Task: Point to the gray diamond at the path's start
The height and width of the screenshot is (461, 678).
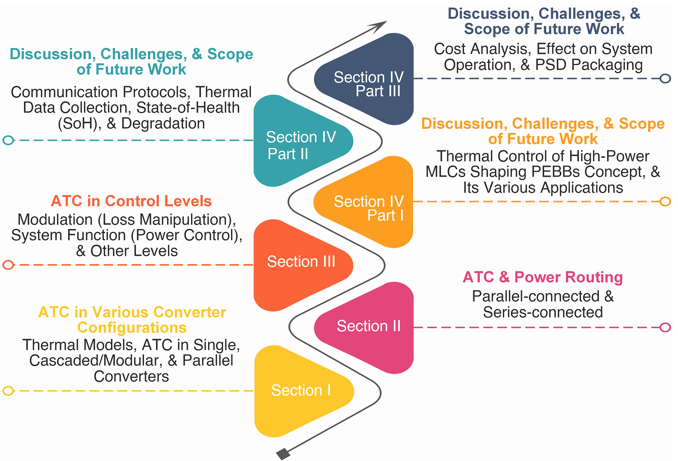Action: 283,454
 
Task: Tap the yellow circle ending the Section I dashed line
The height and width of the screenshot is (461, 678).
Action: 8,391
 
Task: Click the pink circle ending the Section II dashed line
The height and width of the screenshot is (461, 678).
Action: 665,327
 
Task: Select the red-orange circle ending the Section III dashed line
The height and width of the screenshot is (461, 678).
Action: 8,265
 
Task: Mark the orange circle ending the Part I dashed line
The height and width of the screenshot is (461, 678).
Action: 665,201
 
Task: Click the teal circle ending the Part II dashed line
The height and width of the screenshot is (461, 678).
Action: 8,140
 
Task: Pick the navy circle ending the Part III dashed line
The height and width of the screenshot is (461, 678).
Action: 665,78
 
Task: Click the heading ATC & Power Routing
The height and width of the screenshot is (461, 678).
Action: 543,277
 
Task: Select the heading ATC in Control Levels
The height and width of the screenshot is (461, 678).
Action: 131,201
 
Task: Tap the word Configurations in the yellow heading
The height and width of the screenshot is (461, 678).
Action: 132,327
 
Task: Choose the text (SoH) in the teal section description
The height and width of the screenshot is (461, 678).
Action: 79,124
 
